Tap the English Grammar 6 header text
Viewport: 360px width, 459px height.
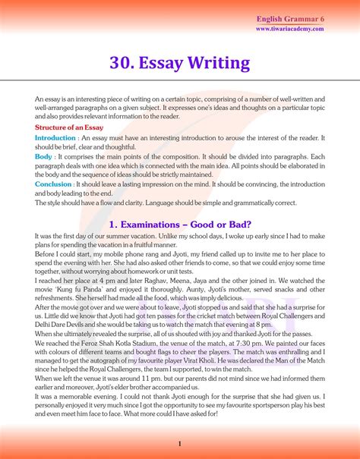click(x=290, y=17)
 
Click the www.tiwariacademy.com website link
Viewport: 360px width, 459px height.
click(x=290, y=29)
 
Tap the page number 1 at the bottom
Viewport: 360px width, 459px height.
click(x=179, y=443)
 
